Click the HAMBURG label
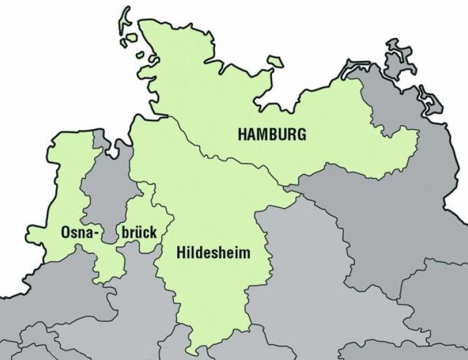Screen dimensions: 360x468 [271, 134]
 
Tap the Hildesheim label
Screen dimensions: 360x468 [213, 254]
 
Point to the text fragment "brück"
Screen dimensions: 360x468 [139, 233]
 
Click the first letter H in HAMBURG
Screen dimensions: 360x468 [242, 134]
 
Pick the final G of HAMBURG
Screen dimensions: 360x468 [301, 134]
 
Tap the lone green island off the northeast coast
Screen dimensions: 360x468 [274, 61]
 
